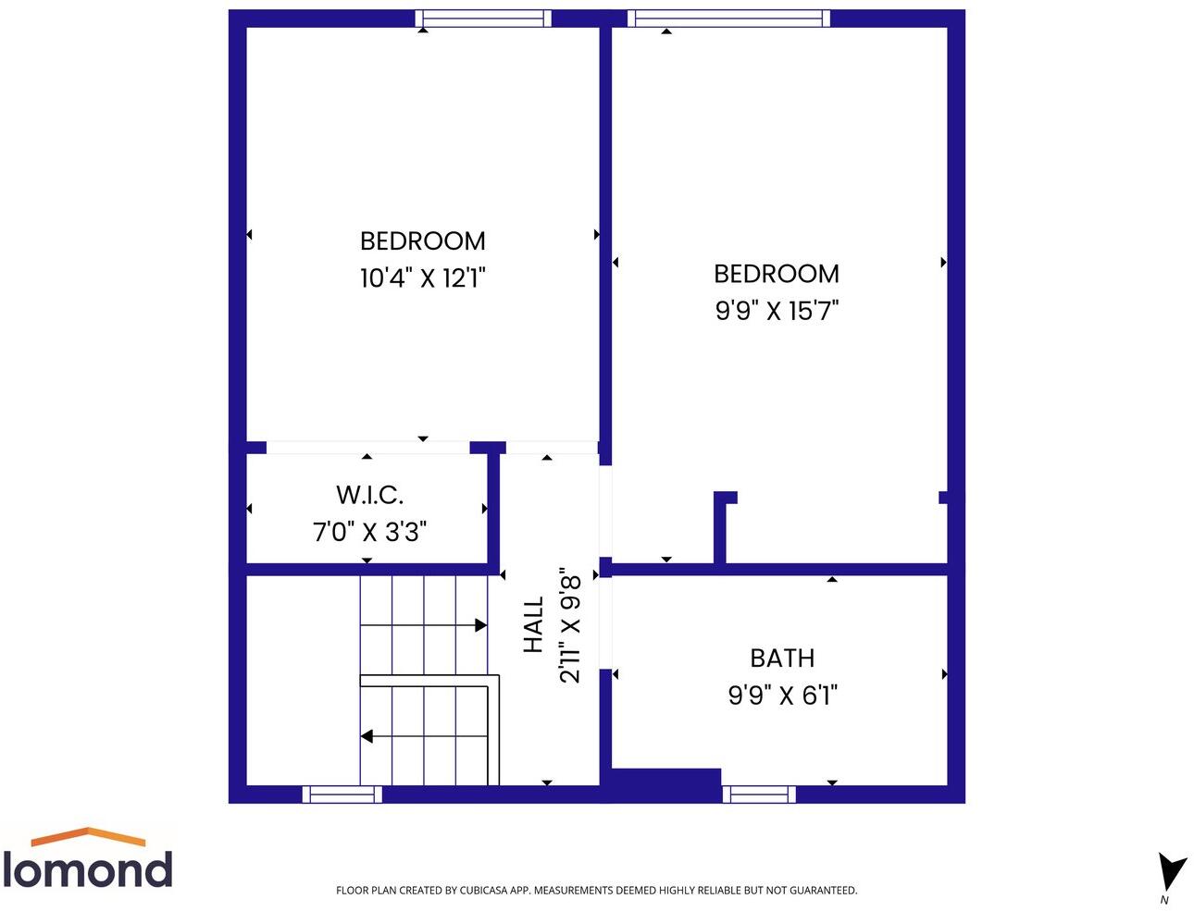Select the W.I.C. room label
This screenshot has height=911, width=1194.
(369, 495)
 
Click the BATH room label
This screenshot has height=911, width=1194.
(782, 659)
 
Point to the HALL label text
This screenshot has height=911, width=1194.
(534, 625)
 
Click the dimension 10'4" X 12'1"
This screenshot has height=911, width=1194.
(423, 277)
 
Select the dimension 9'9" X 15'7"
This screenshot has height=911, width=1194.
(777, 311)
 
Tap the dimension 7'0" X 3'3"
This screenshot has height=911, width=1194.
(369, 532)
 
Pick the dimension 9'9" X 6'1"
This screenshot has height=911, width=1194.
(782, 695)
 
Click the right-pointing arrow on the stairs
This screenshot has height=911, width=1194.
(480, 625)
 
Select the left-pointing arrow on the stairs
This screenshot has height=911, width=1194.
(367, 736)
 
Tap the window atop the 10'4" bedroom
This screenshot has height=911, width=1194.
(482, 18)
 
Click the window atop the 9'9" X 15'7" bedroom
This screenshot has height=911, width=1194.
(728, 18)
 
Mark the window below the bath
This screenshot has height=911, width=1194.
(759, 794)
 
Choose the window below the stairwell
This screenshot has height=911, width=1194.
(342, 794)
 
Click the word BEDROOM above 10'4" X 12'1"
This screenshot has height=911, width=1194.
(423, 241)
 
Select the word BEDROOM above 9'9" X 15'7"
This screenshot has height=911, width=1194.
(777, 274)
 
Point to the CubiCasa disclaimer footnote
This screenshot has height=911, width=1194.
(596, 891)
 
